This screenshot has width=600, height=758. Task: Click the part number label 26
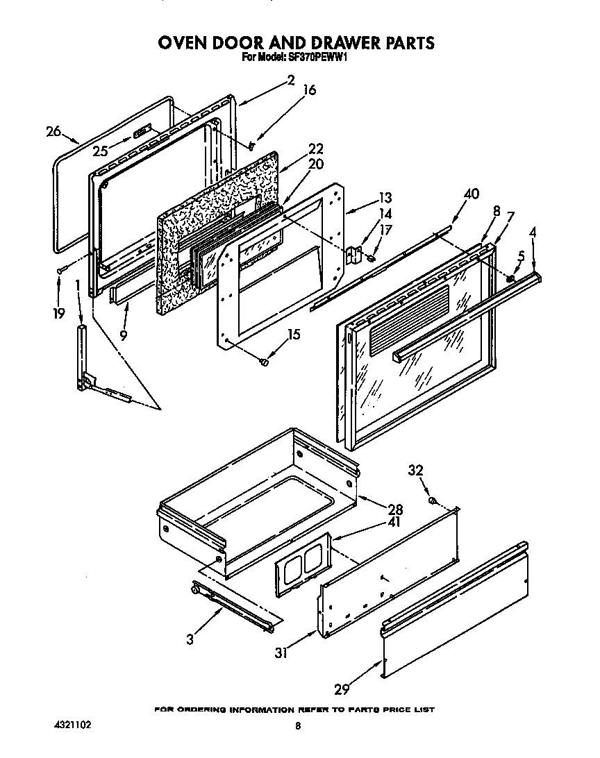point(53,131)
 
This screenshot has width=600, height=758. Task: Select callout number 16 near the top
point(310,90)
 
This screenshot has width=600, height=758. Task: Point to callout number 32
point(415,471)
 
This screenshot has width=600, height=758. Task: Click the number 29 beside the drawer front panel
point(342,689)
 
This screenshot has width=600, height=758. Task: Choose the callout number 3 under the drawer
point(190,639)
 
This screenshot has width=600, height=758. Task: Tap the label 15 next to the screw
point(294,335)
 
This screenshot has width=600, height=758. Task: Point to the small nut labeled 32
point(432,500)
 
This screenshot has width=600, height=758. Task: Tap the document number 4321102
point(72,725)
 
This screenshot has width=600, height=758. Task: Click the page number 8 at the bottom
point(297,726)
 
